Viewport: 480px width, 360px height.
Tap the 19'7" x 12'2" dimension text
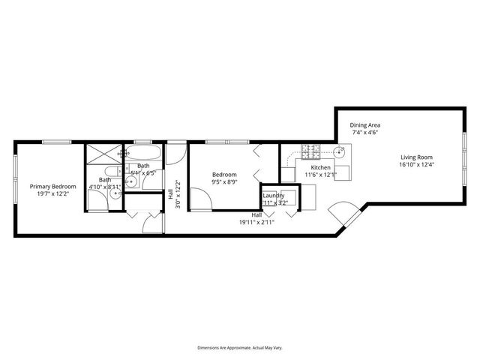52,193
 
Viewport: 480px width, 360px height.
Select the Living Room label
417,157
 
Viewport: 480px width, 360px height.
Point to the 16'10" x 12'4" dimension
417,165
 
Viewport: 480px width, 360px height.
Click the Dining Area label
364,124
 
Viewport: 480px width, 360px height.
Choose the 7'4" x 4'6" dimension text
364,133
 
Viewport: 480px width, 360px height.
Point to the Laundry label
273,196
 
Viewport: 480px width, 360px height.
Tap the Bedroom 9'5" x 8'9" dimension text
224,181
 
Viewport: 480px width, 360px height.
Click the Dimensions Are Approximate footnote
239,348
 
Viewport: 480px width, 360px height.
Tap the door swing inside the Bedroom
199,199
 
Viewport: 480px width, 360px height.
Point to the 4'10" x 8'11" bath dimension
106,187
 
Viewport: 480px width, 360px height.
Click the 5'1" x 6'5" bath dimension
142,173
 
